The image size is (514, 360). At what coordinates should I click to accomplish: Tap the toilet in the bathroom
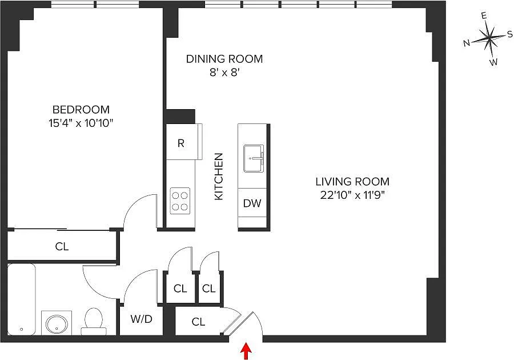(94, 322)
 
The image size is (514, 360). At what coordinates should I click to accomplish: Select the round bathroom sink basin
(57, 324)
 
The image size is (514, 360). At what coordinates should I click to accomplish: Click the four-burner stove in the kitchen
(180, 201)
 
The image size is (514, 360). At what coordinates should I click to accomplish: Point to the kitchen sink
(254, 158)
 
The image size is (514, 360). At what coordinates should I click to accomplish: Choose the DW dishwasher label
(252, 203)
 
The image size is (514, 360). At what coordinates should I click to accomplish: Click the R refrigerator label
(181, 143)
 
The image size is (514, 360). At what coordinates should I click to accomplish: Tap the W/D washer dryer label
(141, 319)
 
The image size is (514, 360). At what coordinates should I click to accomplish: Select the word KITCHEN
(218, 177)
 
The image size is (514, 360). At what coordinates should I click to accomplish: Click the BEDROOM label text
(81, 109)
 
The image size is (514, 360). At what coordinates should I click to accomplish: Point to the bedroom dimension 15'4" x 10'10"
(81, 123)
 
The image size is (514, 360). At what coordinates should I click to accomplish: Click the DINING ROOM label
(224, 59)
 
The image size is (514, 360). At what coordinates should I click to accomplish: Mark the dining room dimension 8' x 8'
(223, 73)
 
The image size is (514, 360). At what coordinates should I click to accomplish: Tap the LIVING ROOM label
(352, 181)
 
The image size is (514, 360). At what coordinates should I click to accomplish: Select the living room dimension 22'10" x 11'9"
(352, 195)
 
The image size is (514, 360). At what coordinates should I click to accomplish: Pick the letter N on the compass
(467, 43)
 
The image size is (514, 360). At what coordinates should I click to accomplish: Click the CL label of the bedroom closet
(62, 246)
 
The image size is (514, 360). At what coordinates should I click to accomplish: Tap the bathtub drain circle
(21, 329)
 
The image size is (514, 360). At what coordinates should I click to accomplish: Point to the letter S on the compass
(510, 34)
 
